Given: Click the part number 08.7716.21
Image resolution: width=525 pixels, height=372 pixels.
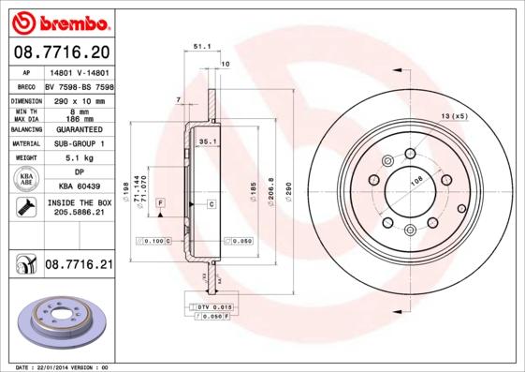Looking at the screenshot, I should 78,266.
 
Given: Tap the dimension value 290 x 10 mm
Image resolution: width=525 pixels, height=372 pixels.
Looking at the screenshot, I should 78,99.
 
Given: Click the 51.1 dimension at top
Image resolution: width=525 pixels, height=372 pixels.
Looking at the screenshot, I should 199,44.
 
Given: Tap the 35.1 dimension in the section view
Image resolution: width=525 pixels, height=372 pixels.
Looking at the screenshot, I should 209,141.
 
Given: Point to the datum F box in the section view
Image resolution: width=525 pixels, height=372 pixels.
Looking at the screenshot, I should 161,202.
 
